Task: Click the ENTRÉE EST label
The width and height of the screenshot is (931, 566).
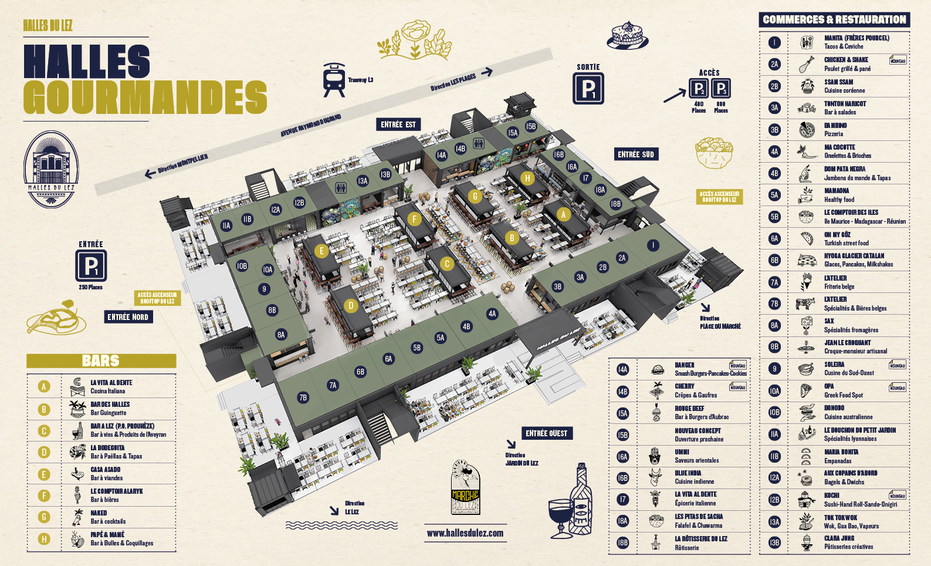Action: (398, 124)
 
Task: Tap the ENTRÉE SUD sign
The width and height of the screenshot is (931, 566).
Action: (635, 154)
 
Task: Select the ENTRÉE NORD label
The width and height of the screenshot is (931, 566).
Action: (127, 317)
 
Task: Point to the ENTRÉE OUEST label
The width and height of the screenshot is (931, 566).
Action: (546, 433)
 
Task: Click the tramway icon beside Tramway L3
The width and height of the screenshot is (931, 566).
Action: (334, 80)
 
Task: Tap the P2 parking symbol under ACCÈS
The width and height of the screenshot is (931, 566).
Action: (698, 89)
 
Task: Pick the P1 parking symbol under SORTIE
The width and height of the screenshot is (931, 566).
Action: (588, 89)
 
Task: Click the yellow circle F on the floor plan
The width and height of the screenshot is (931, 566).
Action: (414, 220)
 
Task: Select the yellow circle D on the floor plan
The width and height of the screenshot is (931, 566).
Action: (351, 305)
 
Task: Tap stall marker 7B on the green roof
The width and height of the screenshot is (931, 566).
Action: (303, 397)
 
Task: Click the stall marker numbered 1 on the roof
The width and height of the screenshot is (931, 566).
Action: (653, 245)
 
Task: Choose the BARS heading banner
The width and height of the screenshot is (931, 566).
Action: (101, 361)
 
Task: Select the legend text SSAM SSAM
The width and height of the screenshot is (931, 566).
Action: (838, 82)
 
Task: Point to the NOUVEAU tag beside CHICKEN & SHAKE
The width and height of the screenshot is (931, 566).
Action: (898, 60)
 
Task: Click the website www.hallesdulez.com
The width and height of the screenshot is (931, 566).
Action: (465, 533)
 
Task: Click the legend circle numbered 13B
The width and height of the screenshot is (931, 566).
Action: (774, 543)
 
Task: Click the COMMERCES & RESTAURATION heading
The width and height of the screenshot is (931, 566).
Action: (834, 19)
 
